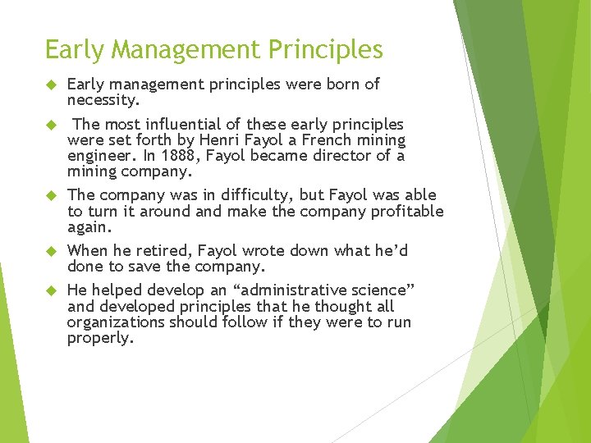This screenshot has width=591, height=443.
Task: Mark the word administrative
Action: coord(286,290)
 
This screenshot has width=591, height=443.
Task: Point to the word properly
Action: coord(99,338)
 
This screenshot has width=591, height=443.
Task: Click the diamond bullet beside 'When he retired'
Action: coord(49,251)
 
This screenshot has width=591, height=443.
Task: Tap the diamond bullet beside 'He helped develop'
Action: coord(49,290)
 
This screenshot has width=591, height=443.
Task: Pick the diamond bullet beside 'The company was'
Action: coord(49,196)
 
